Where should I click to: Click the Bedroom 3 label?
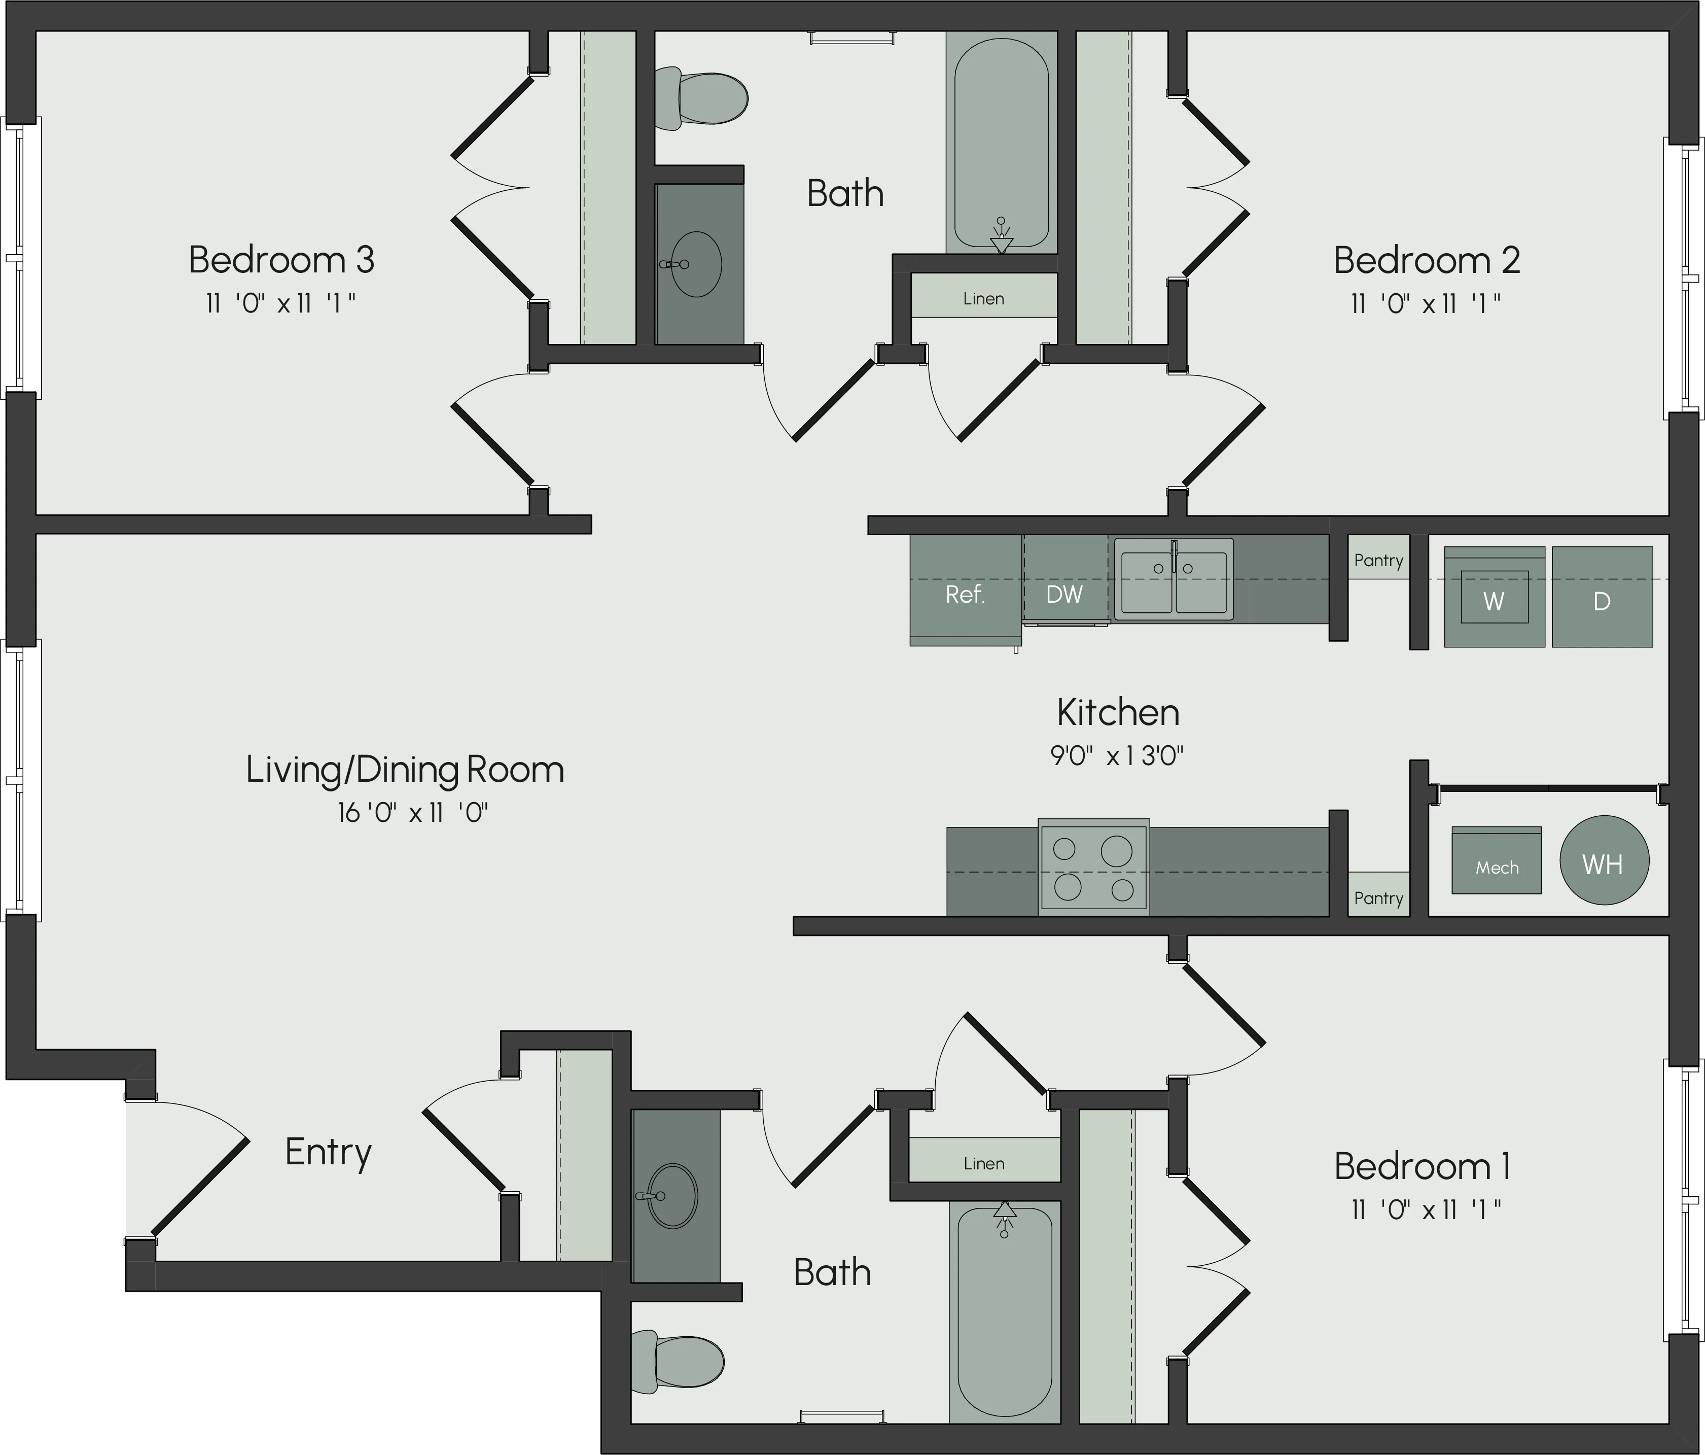(x=281, y=260)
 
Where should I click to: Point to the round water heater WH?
(x=1604, y=861)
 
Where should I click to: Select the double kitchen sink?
(x=1174, y=579)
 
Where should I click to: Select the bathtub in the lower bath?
(x=1005, y=1312)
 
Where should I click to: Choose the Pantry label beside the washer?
(x=1378, y=561)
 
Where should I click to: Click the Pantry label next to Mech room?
(x=1378, y=898)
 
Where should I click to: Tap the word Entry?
(x=328, y=1152)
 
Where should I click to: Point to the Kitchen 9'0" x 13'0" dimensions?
(x=1117, y=755)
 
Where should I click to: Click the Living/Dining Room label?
(x=405, y=770)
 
